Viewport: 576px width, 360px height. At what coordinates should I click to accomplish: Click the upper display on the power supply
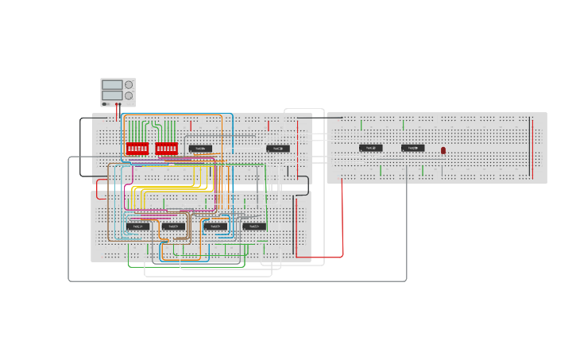click(112, 84)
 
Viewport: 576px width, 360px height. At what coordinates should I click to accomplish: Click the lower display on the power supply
click(112, 95)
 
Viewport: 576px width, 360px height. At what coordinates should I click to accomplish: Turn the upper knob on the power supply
click(129, 84)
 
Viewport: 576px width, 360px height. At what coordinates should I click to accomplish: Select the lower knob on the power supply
click(129, 95)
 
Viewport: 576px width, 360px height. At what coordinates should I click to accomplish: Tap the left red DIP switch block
click(137, 149)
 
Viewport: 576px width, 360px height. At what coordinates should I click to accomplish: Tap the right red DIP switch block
click(167, 149)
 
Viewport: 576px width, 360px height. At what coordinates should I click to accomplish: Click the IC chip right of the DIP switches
click(200, 149)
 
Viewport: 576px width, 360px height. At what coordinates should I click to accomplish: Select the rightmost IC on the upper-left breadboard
click(278, 149)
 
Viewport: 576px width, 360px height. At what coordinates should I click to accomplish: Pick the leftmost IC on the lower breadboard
click(137, 226)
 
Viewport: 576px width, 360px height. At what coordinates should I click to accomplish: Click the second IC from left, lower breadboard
click(173, 226)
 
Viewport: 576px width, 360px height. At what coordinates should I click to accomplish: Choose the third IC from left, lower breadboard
click(215, 226)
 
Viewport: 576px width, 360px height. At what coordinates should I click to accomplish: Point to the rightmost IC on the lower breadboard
click(254, 226)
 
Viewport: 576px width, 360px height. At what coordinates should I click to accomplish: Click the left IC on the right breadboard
click(370, 148)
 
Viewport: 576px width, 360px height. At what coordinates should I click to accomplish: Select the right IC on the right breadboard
click(412, 148)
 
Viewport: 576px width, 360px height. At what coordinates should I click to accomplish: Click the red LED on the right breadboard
click(443, 150)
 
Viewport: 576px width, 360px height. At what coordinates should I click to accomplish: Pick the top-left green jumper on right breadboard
click(361, 125)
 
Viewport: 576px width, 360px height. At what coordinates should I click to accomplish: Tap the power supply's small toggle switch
click(104, 103)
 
